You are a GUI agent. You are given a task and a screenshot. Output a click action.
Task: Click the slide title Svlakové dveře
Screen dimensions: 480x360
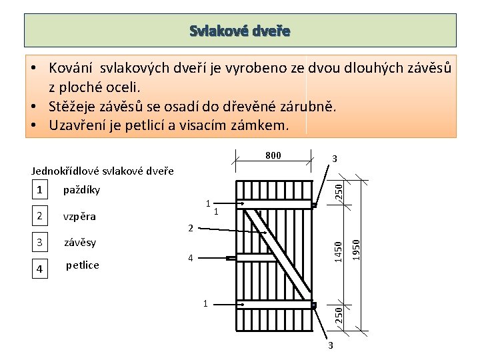(x=240, y=31)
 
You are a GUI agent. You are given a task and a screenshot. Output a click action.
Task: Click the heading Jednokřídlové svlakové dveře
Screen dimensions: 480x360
(x=103, y=171)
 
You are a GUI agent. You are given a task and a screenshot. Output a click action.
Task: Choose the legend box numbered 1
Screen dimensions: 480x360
(x=40, y=190)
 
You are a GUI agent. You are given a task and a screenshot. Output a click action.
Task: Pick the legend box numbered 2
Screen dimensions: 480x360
(x=40, y=216)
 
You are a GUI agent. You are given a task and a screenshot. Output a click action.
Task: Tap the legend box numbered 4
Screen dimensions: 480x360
(x=40, y=269)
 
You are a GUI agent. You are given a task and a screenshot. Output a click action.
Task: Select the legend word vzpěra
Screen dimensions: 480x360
(x=79, y=217)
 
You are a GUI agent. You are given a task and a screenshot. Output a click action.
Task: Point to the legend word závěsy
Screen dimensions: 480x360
(x=80, y=242)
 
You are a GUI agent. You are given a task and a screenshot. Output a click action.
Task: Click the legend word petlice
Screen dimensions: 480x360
(x=83, y=265)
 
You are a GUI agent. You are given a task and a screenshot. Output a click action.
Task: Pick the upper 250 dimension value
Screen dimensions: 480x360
(x=339, y=191)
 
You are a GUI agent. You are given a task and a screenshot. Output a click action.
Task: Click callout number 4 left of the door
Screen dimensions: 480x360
(x=190, y=257)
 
